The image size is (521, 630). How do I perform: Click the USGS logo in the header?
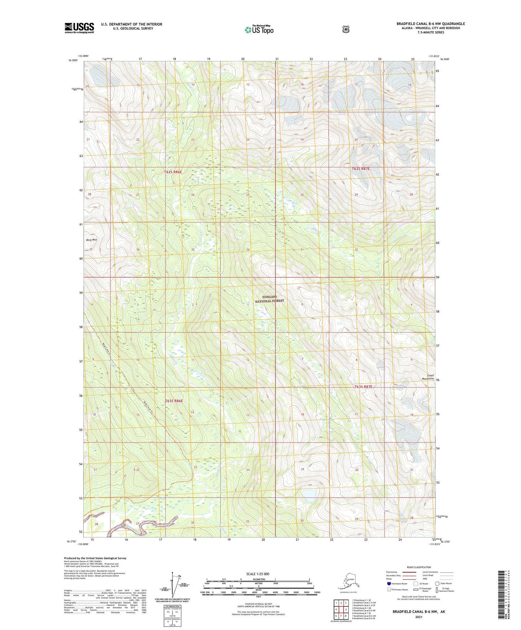click(x=79, y=28)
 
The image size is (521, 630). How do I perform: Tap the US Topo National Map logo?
click(x=259, y=30)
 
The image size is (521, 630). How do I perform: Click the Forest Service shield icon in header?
click(x=346, y=29)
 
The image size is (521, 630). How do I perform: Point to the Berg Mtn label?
click(x=92, y=240)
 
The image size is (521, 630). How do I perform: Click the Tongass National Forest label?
click(x=270, y=299)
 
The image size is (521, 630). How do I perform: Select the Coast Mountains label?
click(x=428, y=377)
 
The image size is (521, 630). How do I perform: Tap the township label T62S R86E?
click(x=173, y=172)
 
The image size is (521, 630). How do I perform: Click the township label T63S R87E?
click(x=363, y=387)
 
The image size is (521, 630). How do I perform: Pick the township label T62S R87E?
click(x=361, y=169)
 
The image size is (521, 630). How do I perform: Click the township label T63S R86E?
click(x=174, y=401)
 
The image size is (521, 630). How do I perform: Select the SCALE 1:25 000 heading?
click(x=258, y=574)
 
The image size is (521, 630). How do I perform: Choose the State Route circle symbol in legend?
click(x=437, y=583)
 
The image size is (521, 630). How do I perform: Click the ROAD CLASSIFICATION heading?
click(x=419, y=567)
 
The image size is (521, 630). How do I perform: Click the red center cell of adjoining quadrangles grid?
click(x=341, y=609)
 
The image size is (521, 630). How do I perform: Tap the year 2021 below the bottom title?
click(x=419, y=617)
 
